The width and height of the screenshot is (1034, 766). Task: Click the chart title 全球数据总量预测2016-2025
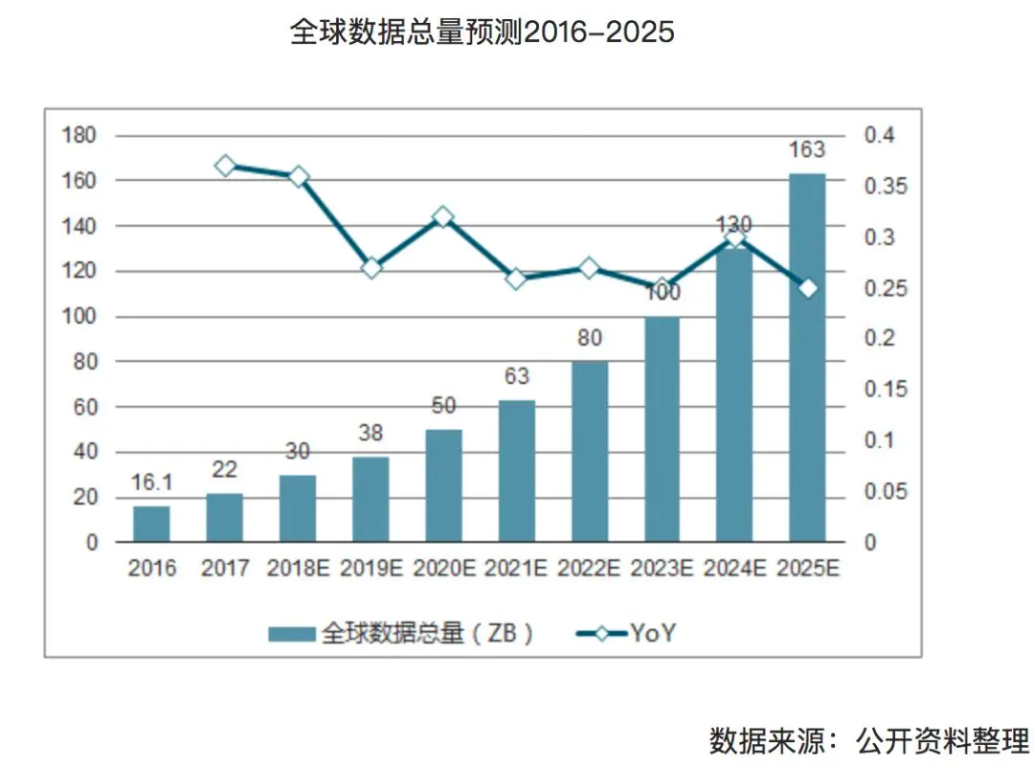[482, 33]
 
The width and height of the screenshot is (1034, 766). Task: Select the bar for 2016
[151, 523]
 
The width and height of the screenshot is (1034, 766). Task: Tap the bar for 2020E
[443, 484]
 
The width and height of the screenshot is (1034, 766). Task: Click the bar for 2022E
[589, 451]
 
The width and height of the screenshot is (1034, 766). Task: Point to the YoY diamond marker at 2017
[225, 166]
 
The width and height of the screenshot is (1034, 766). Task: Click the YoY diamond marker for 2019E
[371, 268]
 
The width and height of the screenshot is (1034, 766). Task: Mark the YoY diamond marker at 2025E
[807, 288]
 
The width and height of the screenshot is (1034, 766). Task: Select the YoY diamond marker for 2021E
[516, 279]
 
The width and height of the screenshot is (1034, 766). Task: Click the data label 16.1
[151, 483]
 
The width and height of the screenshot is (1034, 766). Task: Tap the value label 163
[806, 150]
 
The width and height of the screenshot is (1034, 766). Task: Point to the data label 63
[516, 376]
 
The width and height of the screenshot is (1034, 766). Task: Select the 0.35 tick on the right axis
[885, 186]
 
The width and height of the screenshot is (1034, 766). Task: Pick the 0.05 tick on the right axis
[885, 492]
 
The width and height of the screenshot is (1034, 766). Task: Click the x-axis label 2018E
[298, 568]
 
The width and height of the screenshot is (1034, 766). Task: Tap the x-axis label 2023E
[662, 568]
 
